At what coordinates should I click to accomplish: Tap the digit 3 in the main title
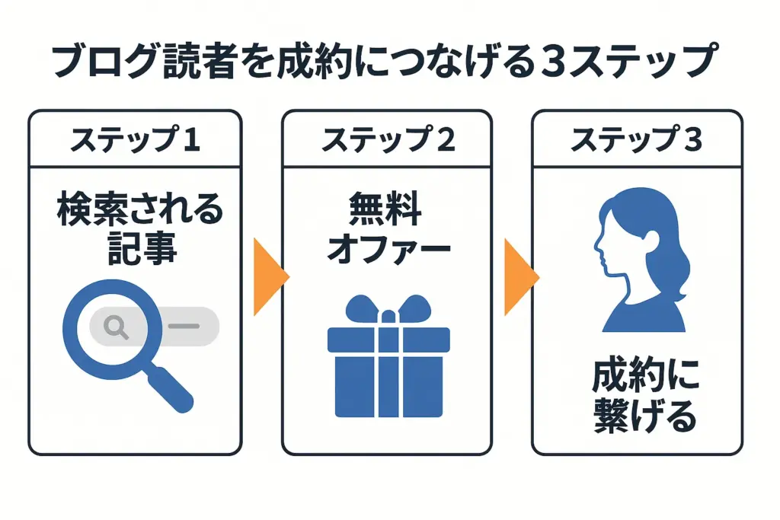pos(552,62)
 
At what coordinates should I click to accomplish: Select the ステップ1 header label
pos(136,139)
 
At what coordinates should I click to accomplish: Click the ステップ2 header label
pos(388,139)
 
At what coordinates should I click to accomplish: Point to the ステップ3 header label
pos(636,139)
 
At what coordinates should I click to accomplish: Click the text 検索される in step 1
pos(140,209)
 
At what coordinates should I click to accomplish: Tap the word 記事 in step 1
pos(142,247)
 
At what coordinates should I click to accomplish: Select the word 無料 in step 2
pos(385,209)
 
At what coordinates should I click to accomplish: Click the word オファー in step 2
pos(388,247)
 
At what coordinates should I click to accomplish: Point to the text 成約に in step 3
pos(646,375)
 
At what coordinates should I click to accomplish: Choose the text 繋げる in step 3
pos(645,416)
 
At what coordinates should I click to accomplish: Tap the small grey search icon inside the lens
pos(116,327)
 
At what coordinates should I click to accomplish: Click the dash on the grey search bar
pos(184,326)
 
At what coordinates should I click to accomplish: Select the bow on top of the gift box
pos(388,309)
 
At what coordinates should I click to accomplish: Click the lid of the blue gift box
pos(388,340)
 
